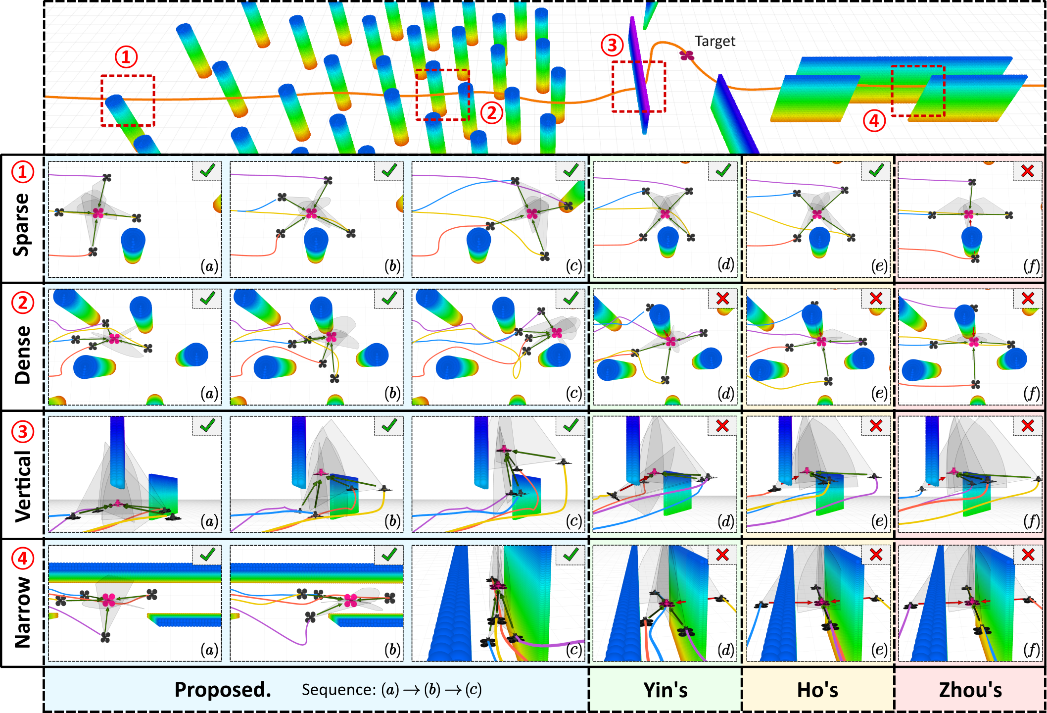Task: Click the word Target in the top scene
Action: (x=715, y=41)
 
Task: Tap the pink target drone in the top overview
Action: (x=687, y=55)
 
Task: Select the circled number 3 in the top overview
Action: (x=612, y=45)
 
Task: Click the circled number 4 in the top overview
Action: (x=874, y=121)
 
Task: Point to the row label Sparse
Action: (x=22, y=225)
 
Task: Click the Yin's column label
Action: (x=665, y=690)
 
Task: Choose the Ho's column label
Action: (x=817, y=690)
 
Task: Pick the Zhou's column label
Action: (x=970, y=690)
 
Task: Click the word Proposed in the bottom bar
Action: (x=223, y=690)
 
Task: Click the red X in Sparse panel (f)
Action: (x=1028, y=171)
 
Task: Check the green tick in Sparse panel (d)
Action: (x=723, y=171)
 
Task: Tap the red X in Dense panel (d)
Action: (x=722, y=299)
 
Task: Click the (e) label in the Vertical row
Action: (x=879, y=521)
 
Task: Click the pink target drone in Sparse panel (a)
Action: (x=98, y=213)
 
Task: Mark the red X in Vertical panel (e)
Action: (x=876, y=426)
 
